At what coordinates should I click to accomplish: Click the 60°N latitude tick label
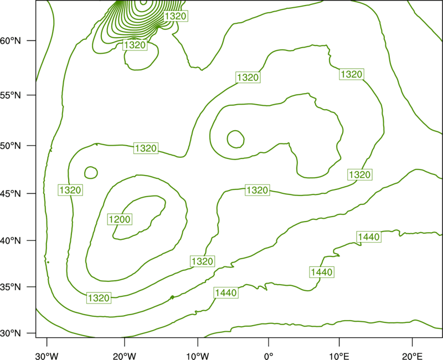(x=11, y=41)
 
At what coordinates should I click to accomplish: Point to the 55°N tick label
(x=11, y=95)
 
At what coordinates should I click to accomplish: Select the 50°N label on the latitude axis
(x=11, y=146)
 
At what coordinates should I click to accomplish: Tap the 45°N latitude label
(x=11, y=193)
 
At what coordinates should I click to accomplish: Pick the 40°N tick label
(x=11, y=241)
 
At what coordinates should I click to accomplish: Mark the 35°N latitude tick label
(x=11, y=287)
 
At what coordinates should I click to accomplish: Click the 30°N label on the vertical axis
(x=11, y=333)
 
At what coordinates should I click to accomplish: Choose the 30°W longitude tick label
(x=47, y=356)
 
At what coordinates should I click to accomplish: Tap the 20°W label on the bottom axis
(x=125, y=356)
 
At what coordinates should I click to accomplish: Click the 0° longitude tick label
(x=269, y=356)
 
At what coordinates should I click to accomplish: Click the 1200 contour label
(x=120, y=219)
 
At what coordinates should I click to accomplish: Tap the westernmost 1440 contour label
(x=226, y=293)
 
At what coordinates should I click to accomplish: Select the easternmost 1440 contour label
(x=369, y=236)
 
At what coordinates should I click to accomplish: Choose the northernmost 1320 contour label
(x=176, y=16)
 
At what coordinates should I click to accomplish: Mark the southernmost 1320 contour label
(x=99, y=298)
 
